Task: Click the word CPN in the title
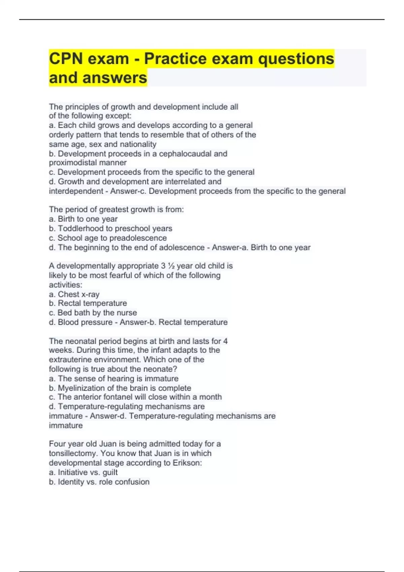click(66, 59)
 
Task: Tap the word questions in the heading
click(296, 59)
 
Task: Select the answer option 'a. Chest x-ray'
click(74, 294)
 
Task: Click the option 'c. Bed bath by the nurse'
click(93, 313)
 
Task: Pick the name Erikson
click(187, 463)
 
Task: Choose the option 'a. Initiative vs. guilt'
click(83, 472)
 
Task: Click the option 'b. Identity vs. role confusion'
click(99, 482)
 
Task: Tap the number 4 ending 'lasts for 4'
click(225, 341)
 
